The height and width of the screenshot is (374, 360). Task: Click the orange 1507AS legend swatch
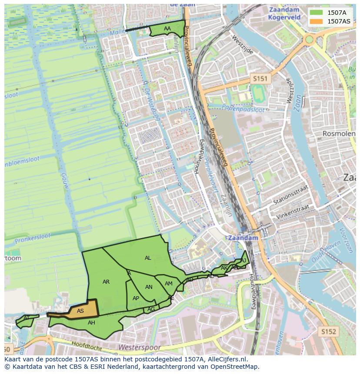click(x=317, y=21)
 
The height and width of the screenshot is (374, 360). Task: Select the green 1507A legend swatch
click(x=317, y=13)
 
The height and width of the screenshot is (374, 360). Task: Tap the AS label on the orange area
click(x=80, y=311)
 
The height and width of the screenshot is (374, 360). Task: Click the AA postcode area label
click(x=167, y=29)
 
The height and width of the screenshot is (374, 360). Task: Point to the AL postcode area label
click(x=148, y=258)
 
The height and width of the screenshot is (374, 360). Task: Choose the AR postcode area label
click(x=106, y=282)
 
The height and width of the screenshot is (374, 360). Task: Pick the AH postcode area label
click(x=91, y=323)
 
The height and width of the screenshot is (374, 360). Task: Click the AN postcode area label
click(x=149, y=287)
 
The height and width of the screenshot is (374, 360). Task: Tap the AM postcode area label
click(x=169, y=284)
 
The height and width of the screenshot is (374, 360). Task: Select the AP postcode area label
click(x=136, y=298)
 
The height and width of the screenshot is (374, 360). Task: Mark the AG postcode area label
click(x=151, y=309)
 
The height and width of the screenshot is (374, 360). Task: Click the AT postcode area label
click(x=27, y=318)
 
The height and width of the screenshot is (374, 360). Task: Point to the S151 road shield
click(x=260, y=79)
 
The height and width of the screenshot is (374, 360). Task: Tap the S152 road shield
click(x=329, y=331)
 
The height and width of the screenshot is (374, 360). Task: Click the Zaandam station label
click(x=243, y=238)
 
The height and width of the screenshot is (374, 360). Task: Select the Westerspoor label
click(x=140, y=348)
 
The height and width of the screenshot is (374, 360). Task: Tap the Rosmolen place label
click(x=339, y=134)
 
